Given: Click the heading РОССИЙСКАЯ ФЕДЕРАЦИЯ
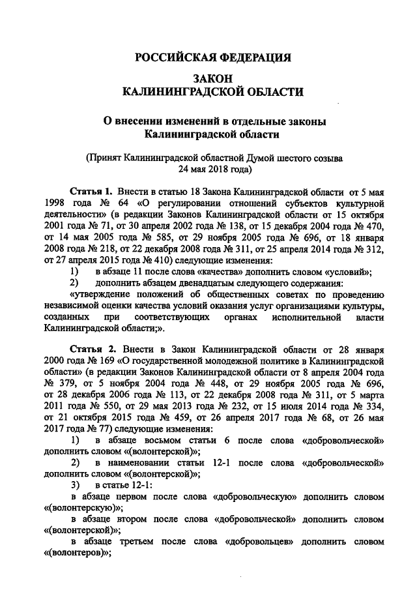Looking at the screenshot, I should point(212,57).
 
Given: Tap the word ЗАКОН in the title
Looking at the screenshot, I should point(212,78).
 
